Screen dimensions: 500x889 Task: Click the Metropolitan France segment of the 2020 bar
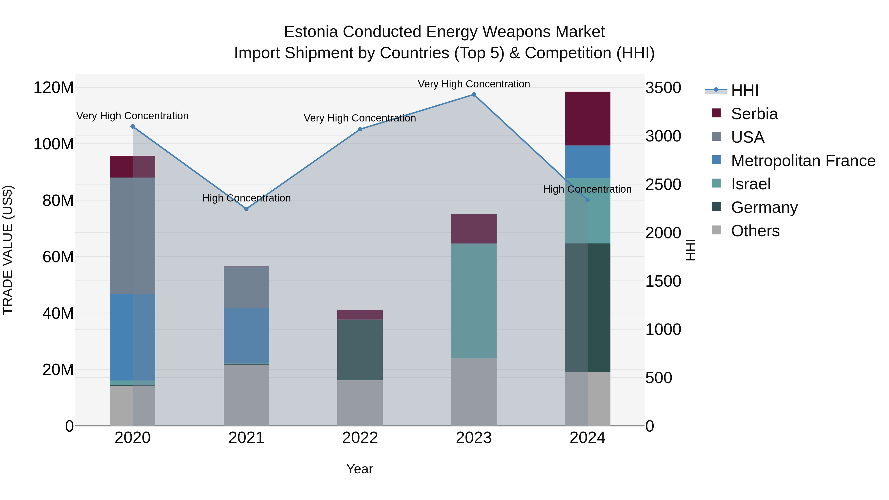(x=133, y=337)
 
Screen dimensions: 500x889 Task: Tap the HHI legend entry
(x=744, y=90)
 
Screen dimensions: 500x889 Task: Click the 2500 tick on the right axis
(x=663, y=184)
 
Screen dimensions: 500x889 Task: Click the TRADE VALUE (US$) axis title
(x=8, y=250)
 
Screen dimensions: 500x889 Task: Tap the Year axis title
(x=359, y=469)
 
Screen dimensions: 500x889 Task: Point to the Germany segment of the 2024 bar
(x=587, y=307)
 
